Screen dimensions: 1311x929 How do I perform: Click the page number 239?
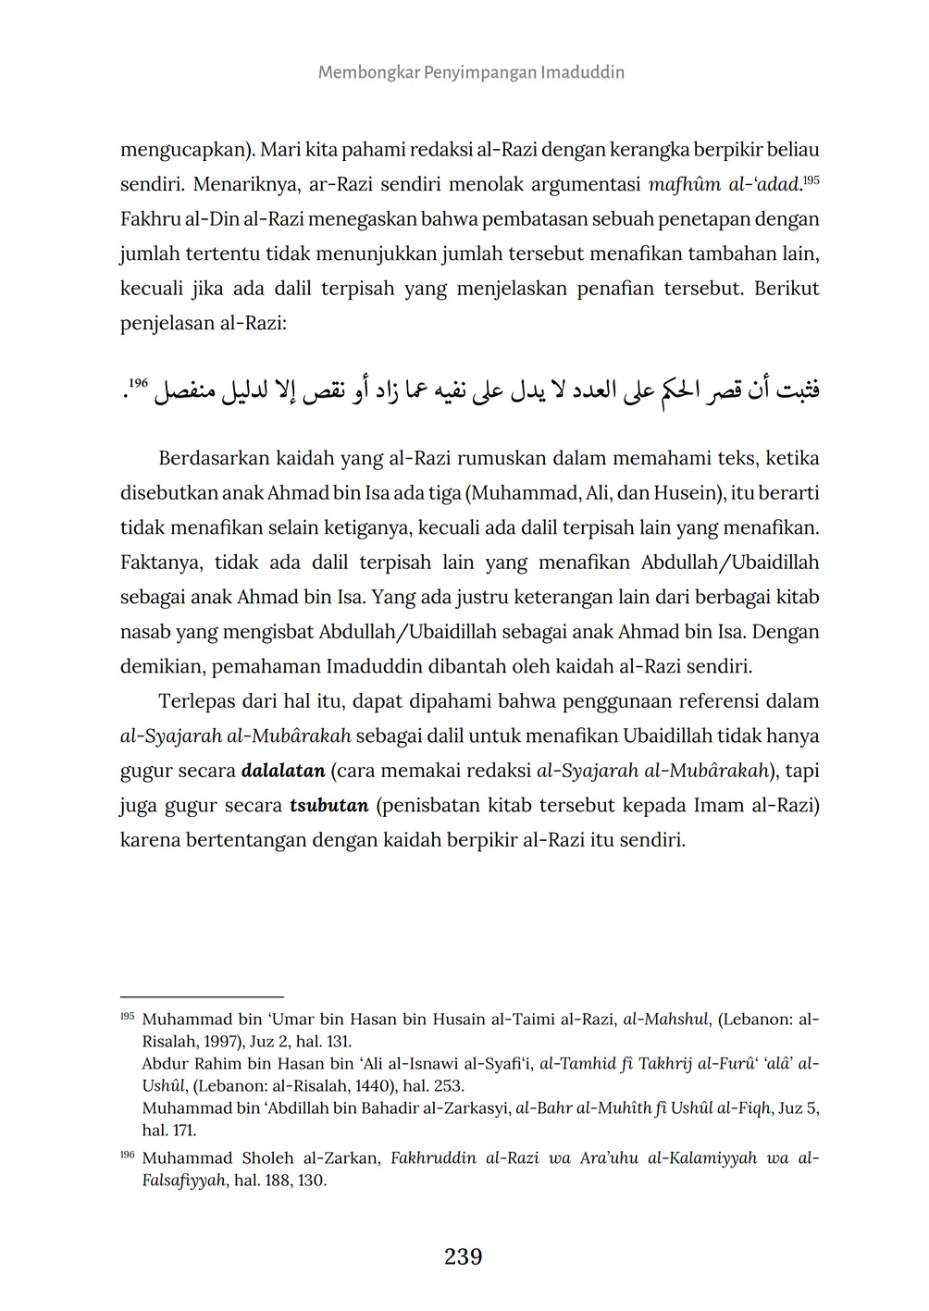click(x=464, y=1256)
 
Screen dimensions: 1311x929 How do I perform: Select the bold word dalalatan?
click(x=283, y=771)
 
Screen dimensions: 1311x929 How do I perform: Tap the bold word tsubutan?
click(x=329, y=805)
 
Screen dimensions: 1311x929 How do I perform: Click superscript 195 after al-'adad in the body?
click(x=811, y=180)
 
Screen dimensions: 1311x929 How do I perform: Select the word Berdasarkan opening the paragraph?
click(x=216, y=459)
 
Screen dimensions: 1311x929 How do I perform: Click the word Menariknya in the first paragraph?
click(x=241, y=184)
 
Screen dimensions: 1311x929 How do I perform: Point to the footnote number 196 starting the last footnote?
click(x=128, y=1156)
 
